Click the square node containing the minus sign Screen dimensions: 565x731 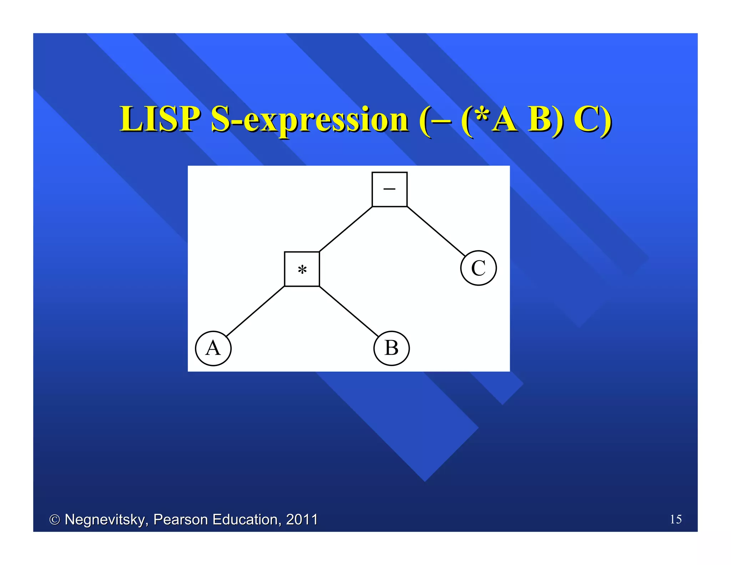(x=389, y=189)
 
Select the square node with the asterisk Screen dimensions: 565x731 (x=302, y=269)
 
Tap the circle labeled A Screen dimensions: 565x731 (x=213, y=348)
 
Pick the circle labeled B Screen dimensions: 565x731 (x=392, y=348)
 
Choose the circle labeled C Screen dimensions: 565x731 (x=478, y=268)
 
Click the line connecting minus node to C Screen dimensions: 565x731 (x=436, y=231)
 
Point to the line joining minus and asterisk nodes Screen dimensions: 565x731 (x=346, y=229)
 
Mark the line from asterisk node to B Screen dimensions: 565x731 (x=349, y=311)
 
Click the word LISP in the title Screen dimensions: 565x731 (x=160, y=120)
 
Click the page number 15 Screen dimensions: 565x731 (x=676, y=519)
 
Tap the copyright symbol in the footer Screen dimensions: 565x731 (x=54, y=520)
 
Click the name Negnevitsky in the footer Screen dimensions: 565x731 (x=106, y=520)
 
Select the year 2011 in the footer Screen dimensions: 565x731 (x=302, y=519)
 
